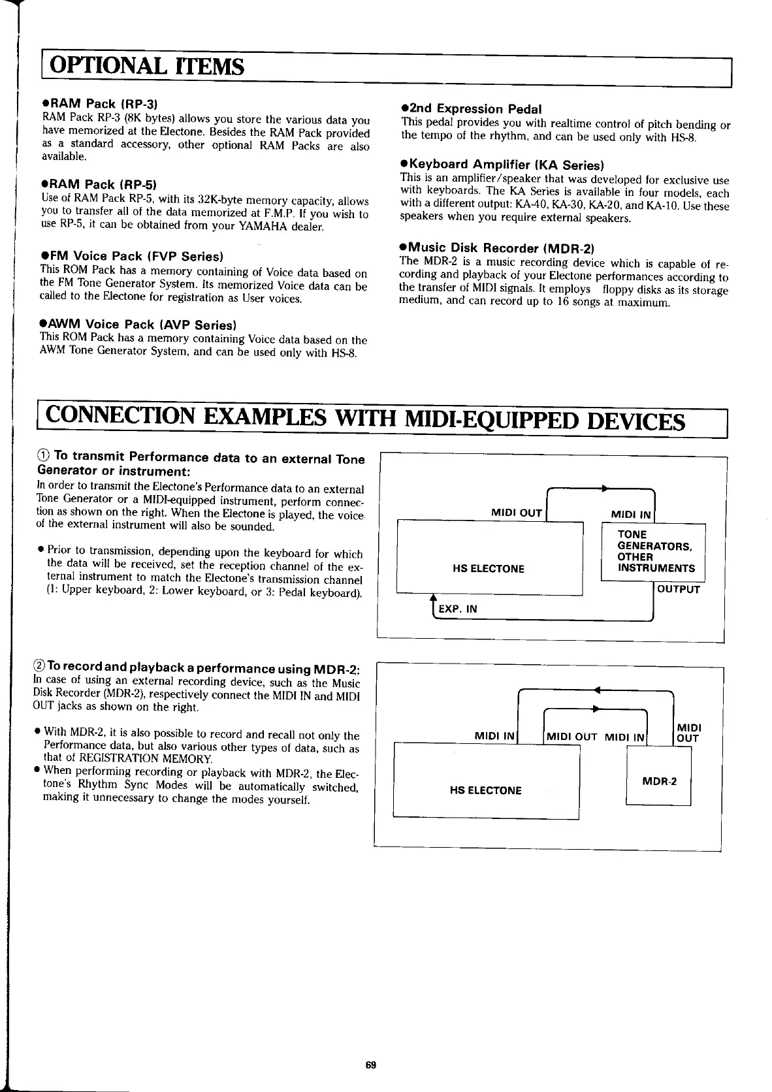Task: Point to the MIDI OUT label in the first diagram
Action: coord(517,513)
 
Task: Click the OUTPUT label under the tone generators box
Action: coord(678,590)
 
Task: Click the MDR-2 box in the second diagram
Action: coord(658,781)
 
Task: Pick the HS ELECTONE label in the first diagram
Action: coord(488,569)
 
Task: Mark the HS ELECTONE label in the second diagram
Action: coord(485,790)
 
